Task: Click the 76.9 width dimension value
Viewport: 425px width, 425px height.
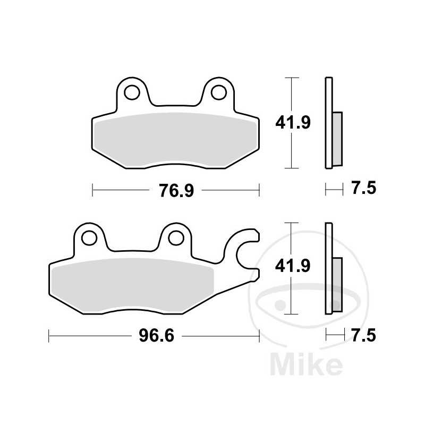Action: click(175, 190)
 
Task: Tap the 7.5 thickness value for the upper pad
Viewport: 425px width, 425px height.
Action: click(363, 188)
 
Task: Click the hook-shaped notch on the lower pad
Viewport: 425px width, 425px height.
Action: click(245, 250)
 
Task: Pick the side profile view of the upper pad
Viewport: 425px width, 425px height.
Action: click(329, 123)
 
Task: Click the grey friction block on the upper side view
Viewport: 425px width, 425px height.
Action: click(337, 138)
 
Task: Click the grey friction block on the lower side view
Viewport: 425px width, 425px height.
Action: click(337, 284)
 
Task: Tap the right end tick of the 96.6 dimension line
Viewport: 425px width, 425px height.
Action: click(259, 335)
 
